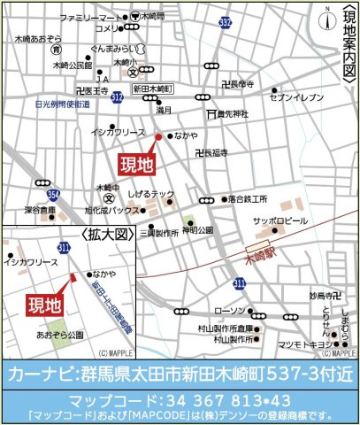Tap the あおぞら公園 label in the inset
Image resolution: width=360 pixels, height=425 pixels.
pos(60,336)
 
